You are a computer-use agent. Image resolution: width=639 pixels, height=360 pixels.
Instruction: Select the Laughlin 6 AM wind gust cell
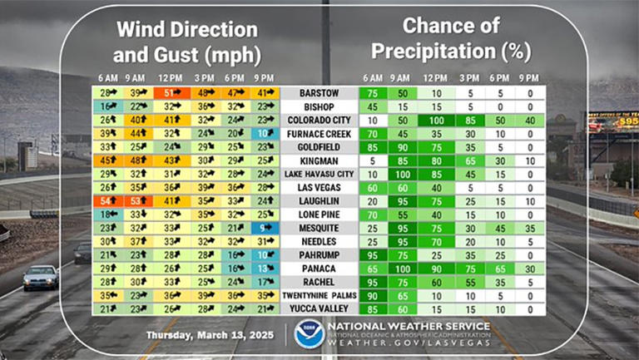pyautogui.click(x=107, y=200)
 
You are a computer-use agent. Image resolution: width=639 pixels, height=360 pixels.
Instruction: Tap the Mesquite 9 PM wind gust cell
pyautogui.click(x=263, y=227)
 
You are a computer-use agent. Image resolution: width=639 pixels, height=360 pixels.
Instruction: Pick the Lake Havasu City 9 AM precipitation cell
pyautogui.click(x=403, y=174)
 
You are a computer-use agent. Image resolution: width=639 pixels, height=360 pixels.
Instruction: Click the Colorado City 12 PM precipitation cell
pyautogui.click(x=435, y=121)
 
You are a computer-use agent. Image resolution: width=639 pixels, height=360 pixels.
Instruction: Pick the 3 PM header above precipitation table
pyautogui.click(x=468, y=77)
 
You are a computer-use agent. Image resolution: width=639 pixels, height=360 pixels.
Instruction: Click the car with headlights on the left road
pyautogui.click(x=41, y=277)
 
